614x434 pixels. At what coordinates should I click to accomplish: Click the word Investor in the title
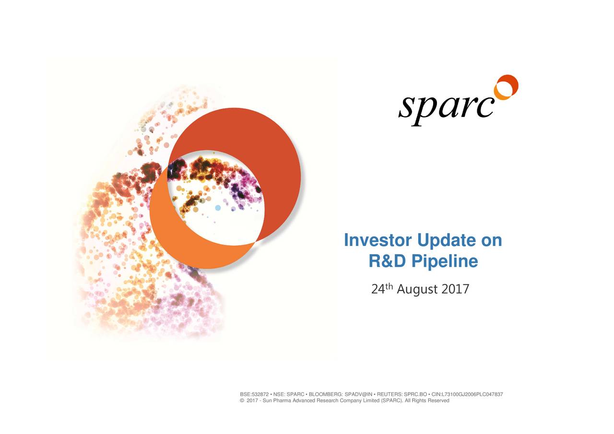378,240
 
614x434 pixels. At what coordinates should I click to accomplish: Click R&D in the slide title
387,261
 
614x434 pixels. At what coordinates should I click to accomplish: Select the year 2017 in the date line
455,290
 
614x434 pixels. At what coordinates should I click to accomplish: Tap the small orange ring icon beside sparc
506,87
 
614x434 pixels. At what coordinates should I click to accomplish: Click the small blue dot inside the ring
218,208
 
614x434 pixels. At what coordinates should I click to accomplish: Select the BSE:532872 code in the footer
254,395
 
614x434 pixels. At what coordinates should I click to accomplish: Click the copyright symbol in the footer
242,401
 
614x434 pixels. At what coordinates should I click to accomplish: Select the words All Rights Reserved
427,401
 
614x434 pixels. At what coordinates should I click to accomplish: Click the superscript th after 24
390,287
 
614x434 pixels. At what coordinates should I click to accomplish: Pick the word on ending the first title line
491,240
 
